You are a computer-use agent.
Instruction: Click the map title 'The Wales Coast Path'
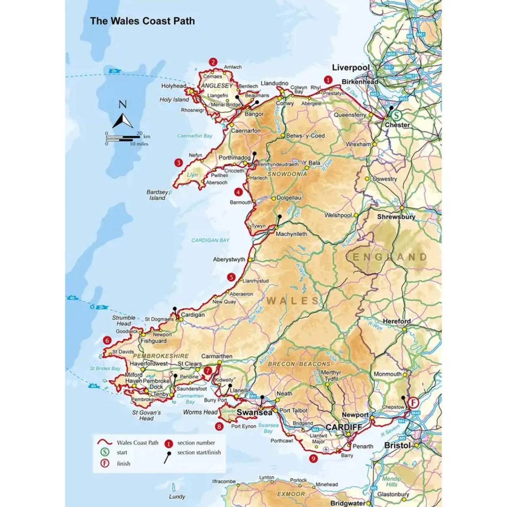coord(142,21)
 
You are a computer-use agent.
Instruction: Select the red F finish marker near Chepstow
coord(414,403)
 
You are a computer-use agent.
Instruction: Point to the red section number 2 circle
coord(213,62)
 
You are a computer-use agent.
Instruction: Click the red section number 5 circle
coord(231,277)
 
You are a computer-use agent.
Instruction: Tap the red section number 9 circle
coord(314,458)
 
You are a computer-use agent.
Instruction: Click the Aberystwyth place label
coord(229,259)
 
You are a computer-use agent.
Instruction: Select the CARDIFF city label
coord(344,427)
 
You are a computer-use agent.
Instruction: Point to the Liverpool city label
coord(351,68)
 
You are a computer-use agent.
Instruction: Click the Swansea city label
coord(254,412)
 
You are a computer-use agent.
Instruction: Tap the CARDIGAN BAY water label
coord(210,240)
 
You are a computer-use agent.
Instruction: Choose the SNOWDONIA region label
coord(287,174)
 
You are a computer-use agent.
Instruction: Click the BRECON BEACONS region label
coord(299,364)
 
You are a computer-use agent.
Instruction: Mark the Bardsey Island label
coord(157,195)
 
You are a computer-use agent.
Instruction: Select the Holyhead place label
coord(173,86)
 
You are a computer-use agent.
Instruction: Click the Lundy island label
coord(177,497)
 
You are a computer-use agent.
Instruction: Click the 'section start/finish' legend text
coord(199,452)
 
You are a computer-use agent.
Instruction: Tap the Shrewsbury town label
coord(396,217)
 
